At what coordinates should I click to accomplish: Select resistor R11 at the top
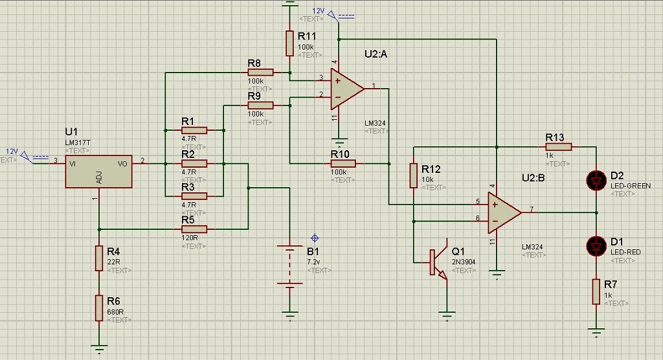[x=289, y=43]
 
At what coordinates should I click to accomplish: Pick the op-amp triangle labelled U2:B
[x=503, y=212]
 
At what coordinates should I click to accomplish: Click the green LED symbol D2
[x=595, y=179]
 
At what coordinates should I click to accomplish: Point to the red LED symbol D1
[x=595, y=245]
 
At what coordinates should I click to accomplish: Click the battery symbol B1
[x=289, y=265]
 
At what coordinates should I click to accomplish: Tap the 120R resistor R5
[x=194, y=229]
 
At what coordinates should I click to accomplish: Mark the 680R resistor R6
[x=99, y=306]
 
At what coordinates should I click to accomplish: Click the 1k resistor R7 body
[x=595, y=292]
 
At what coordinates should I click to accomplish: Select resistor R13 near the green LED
[x=558, y=147]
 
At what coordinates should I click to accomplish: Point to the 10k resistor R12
[x=413, y=175]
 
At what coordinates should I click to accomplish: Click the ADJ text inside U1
[x=99, y=177]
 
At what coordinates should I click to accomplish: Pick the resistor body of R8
[x=260, y=73]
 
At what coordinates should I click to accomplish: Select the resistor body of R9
[x=260, y=105]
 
